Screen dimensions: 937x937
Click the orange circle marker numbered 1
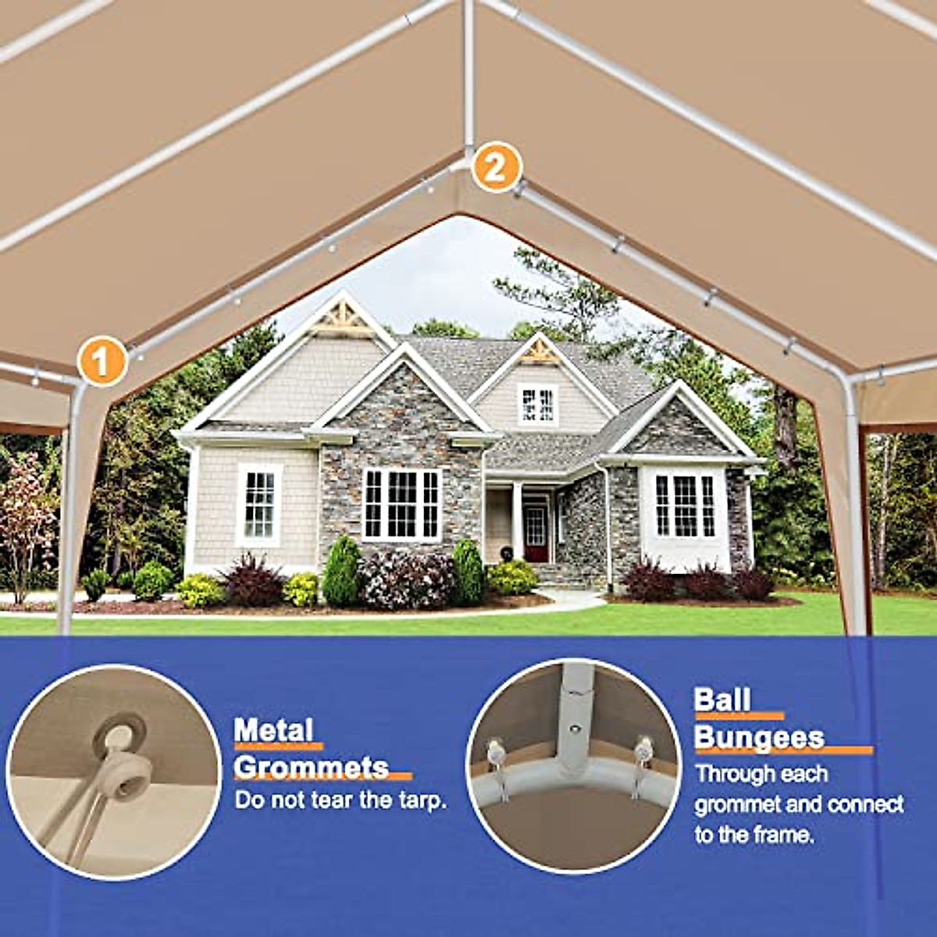click(102, 361)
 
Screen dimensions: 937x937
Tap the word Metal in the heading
click(273, 731)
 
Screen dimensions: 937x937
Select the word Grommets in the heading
click(311, 768)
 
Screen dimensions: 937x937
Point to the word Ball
click(722, 700)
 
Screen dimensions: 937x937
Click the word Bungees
click(759, 737)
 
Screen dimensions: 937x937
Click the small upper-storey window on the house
click(538, 404)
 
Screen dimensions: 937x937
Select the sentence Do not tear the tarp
click(341, 800)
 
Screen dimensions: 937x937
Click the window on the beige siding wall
click(259, 504)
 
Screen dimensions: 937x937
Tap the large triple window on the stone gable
click(402, 504)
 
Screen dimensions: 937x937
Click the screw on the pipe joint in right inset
click(575, 728)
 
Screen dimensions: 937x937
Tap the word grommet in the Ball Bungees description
click(738, 804)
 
